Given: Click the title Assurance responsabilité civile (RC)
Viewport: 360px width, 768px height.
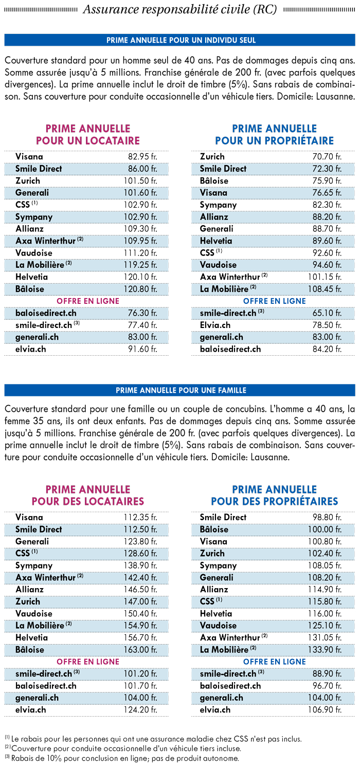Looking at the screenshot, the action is (179, 10).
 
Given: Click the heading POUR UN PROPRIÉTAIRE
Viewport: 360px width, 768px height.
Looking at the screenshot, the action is (274, 140).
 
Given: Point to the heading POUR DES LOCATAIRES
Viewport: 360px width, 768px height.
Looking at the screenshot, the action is (88, 501).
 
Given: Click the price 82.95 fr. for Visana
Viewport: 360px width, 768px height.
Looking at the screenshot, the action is (142, 157).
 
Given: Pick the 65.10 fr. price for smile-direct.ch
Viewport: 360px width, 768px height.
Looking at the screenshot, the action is (327, 313).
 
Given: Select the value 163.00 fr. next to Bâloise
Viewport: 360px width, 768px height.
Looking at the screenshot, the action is (140, 650).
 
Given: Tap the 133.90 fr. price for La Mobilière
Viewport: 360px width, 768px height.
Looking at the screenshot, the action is (325, 650).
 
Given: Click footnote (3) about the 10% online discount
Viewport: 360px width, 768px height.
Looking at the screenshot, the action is (122, 758).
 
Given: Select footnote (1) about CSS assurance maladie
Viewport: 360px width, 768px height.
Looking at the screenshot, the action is (153, 739).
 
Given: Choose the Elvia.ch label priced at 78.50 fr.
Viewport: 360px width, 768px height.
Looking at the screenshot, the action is (215, 325).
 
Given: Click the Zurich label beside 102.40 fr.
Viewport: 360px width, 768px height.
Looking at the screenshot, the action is (212, 553).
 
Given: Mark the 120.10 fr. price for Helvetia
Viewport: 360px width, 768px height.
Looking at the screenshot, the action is (140, 277).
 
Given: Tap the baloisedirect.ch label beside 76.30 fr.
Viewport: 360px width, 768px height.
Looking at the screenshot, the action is (46, 313).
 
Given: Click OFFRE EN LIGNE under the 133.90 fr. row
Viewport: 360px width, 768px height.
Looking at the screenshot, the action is (274, 662).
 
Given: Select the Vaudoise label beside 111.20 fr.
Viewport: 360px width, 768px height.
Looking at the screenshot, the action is (34, 253).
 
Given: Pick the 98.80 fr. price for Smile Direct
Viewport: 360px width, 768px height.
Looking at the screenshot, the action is (327, 517).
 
